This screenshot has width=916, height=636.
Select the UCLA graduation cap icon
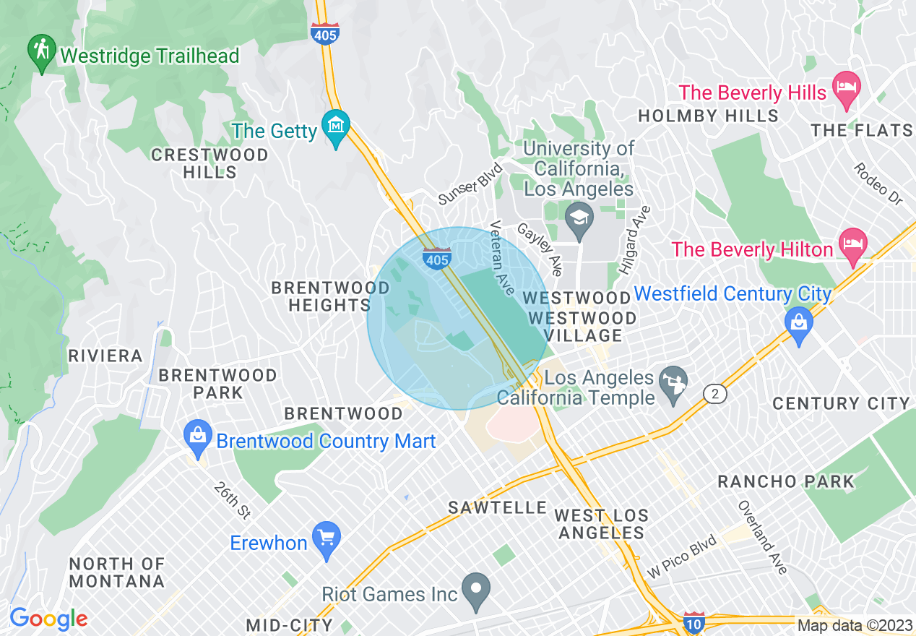[579, 216]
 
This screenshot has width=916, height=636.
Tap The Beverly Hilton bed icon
[853, 244]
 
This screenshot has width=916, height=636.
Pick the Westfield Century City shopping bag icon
[798, 322]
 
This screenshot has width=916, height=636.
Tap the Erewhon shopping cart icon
[327, 538]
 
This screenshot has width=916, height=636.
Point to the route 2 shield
[714, 393]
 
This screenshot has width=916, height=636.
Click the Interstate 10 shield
[694, 623]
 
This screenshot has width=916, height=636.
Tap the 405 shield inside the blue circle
[438, 257]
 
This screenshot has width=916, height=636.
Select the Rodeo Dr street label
[878, 183]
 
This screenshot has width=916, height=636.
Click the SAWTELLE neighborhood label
[497, 507]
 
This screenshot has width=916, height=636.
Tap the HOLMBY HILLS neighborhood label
[709, 116]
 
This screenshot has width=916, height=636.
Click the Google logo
[48, 619]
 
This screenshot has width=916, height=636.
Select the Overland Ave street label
[762, 538]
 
